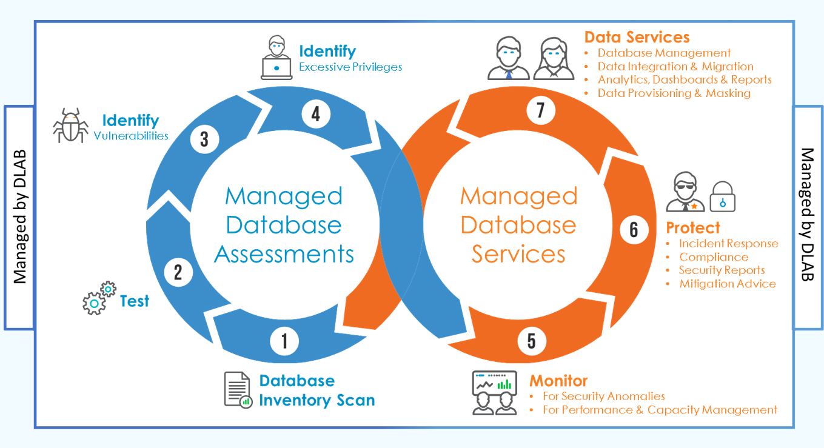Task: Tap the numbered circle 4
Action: click(316, 113)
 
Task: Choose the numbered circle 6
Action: click(634, 229)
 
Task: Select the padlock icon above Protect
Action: click(722, 196)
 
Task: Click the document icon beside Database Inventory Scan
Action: click(237, 389)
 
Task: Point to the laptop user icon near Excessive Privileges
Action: click(276, 58)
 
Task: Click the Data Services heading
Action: click(637, 37)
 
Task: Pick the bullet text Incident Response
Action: click(728, 244)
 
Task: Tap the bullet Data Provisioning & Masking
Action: click(674, 93)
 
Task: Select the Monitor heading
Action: click(558, 381)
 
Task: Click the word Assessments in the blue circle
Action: click(284, 253)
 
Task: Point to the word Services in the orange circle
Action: click(518, 253)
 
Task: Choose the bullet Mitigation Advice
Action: click(727, 284)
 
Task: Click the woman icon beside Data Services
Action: click(553, 59)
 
